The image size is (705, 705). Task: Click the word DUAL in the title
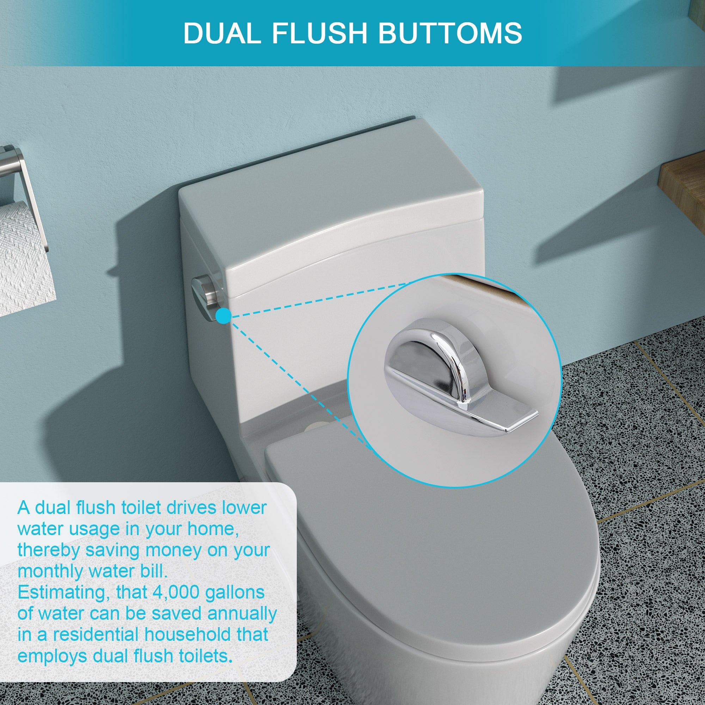pyautogui.click(x=222, y=33)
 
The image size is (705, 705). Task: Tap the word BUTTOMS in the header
pyautogui.click(x=449, y=33)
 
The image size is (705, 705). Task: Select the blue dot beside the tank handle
pyautogui.click(x=223, y=315)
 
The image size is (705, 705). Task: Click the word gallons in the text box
pyautogui.click(x=235, y=592)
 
